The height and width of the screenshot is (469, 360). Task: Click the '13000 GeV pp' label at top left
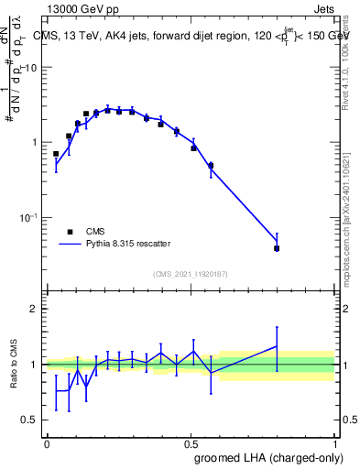[86, 9]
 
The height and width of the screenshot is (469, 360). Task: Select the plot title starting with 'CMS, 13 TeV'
[187, 36]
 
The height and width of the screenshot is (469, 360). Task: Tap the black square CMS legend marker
[70, 232]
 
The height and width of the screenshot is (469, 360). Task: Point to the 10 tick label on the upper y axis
[32, 69]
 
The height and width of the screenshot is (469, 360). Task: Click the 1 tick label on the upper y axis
[35, 143]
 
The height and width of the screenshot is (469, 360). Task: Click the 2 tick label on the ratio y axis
[35, 310]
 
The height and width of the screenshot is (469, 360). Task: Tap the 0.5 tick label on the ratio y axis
[30, 420]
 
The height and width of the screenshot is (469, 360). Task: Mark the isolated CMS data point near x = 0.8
[277, 248]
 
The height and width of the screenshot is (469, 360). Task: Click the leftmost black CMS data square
[56, 154]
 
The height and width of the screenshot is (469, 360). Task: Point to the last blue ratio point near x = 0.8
[277, 346]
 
